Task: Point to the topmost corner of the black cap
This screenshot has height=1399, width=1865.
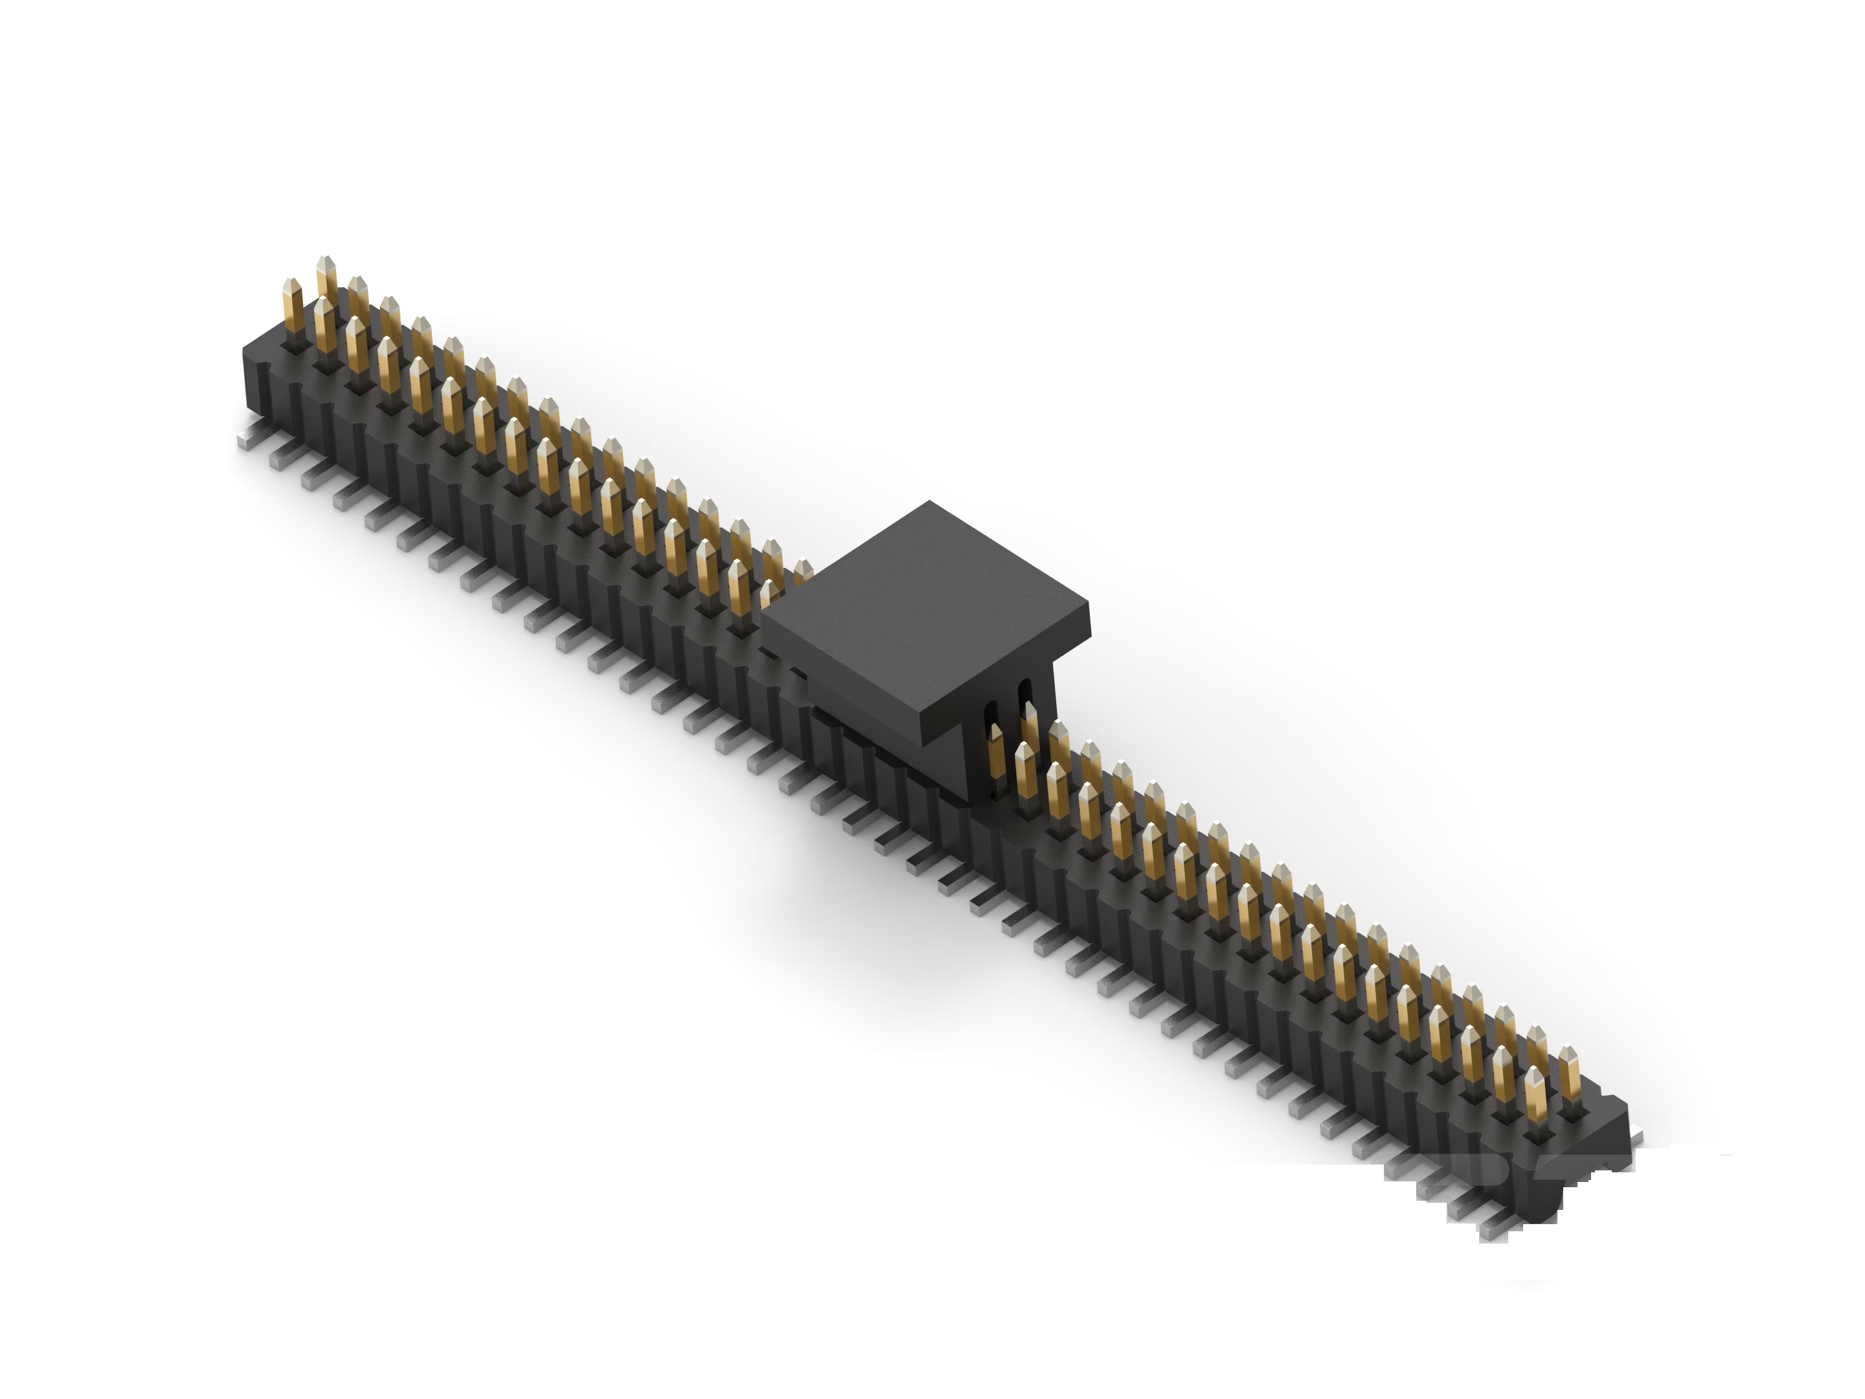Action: click(929, 503)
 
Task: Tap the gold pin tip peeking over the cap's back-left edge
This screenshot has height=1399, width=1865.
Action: click(802, 569)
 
